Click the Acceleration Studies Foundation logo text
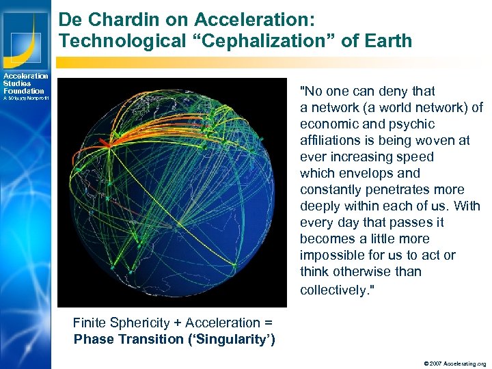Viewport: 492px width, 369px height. point(25,83)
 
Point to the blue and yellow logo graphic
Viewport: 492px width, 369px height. point(25,35)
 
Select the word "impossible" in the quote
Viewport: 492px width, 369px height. point(329,256)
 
